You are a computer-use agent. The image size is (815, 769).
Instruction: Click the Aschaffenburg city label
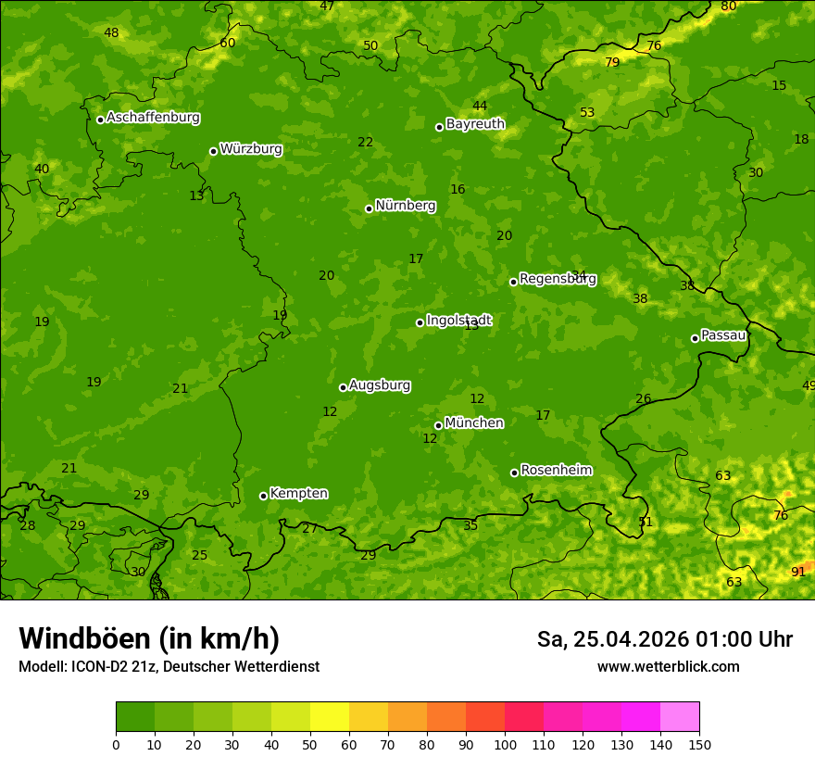tap(153, 118)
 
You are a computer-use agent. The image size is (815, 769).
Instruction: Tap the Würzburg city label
tap(251, 149)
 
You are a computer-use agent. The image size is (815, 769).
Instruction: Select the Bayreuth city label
tap(475, 124)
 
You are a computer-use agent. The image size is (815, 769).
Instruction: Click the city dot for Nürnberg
tap(369, 208)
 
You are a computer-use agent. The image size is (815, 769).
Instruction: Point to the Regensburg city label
tap(558, 279)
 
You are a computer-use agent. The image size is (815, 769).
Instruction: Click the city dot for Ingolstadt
tap(420, 322)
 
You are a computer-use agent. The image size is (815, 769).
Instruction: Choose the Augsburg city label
tap(380, 385)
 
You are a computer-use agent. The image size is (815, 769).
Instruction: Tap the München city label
tap(474, 423)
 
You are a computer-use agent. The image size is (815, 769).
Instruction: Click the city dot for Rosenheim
tap(514, 473)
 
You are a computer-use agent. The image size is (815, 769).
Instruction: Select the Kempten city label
tap(298, 494)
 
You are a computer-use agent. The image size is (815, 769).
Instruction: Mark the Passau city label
tap(723, 335)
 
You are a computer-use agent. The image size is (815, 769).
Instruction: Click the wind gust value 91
tap(798, 573)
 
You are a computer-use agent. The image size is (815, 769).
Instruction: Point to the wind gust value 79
tap(612, 63)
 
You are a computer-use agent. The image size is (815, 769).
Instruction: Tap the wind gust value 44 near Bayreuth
tap(480, 107)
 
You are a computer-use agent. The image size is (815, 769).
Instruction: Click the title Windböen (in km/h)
tap(149, 638)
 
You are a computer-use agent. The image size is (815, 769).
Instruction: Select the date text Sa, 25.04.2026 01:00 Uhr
tap(664, 639)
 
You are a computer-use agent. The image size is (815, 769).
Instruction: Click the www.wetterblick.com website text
tap(668, 667)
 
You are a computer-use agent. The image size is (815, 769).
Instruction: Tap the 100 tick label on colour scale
tap(505, 744)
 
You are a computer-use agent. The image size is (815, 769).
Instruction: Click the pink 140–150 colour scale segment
tap(680, 716)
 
